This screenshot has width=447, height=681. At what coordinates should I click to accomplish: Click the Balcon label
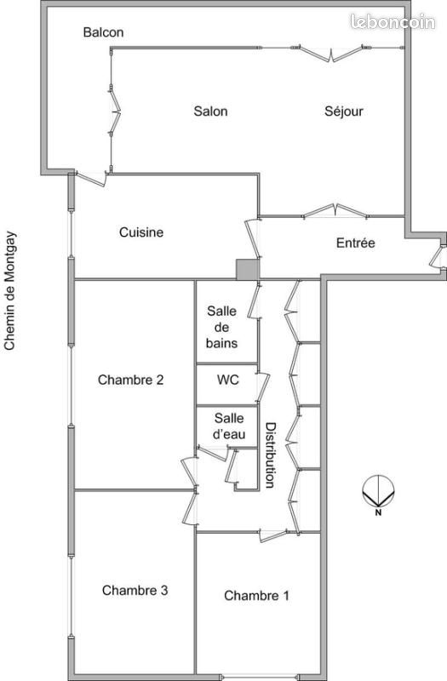click(x=103, y=32)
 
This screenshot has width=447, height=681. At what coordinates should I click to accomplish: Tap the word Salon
click(x=210, y=112)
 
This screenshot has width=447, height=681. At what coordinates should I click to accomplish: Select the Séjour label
click(x=344, y=111)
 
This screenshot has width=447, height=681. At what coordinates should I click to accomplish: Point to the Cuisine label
click(x=141, y=232)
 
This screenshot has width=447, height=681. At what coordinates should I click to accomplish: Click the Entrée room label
click(x=355, y=243)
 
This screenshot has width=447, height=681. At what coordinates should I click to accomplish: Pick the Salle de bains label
click(x=222, y=327)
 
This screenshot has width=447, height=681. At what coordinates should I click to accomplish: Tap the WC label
click(x=227, y=380)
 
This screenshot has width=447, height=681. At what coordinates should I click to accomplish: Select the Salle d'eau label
click(x=229, y=426)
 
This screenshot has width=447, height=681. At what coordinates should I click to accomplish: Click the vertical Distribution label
click(x=270, y=455)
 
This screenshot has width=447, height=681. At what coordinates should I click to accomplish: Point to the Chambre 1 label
click(x=256, y=595)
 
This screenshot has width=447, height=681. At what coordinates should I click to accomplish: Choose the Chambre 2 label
click(x=130, y=380)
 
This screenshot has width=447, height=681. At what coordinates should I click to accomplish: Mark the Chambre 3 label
click(x=135, y=590)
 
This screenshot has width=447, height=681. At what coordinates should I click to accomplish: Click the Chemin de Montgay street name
click(x=10, y=290)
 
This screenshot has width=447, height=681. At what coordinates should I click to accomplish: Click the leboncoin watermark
click(x=393, y=21)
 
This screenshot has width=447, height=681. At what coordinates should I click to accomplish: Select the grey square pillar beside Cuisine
click(x=248, y=270)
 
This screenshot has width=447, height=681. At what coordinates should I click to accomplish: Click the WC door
click(x=263, y=386)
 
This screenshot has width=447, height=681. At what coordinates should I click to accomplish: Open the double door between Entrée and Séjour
click(x=335, y=211)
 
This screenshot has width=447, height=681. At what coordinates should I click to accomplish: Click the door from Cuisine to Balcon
click(x=91, y=179)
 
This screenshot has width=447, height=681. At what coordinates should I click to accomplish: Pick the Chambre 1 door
click(x=273, y=535)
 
